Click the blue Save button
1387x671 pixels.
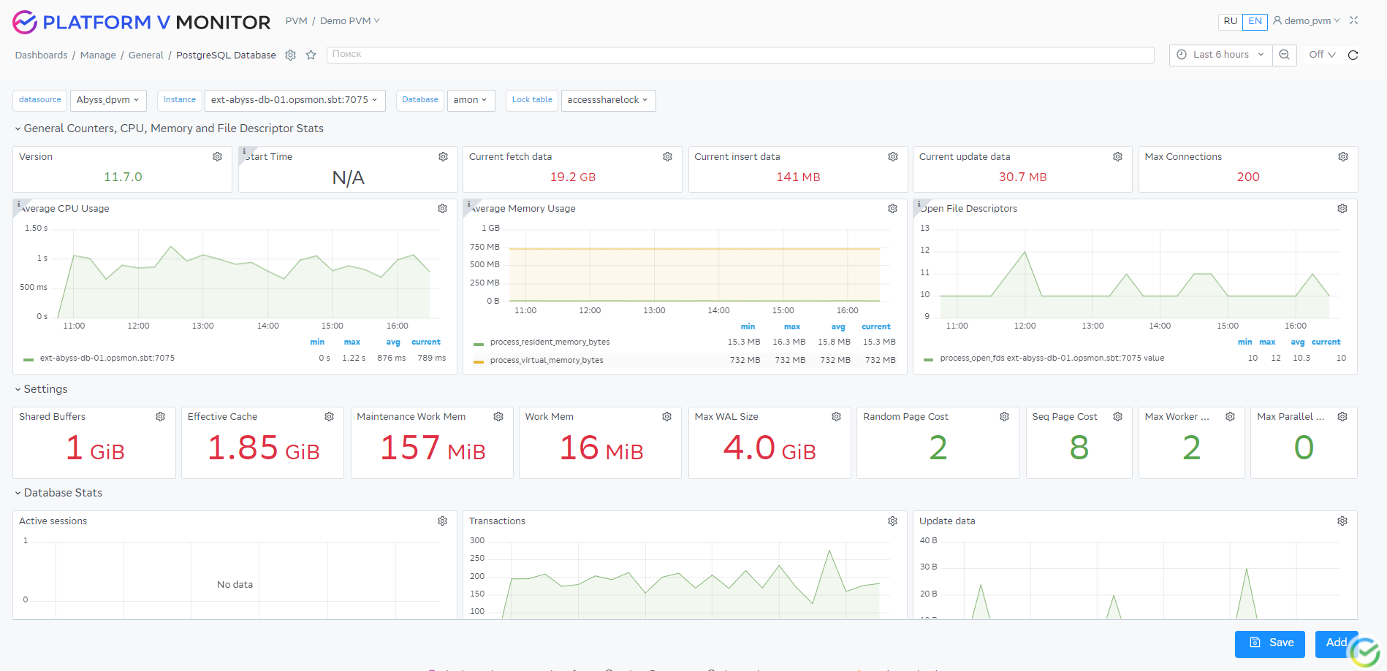click(1269, 643)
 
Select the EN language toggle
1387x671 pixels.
click(1255, 21)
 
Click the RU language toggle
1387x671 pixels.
click(1230, 21)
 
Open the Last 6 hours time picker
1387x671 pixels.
click(1220, 55)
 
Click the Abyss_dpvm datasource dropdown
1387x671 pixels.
click(108, 100)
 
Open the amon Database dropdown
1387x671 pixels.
click(470, 100)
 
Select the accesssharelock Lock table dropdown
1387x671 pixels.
click(607, 100)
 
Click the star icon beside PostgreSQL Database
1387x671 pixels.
click(311, 55)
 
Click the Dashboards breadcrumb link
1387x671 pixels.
click(41, 55)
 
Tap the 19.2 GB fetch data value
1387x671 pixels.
click(572, 177)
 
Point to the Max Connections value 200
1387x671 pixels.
click(1247, 177)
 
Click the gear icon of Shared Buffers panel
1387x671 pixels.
click(160, 417)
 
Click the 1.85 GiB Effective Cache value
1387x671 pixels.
click(263, 448)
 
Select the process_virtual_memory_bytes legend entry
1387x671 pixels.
click(546, 361)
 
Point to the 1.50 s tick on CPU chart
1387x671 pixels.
click(36, 229)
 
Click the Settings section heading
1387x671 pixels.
click(45, 389)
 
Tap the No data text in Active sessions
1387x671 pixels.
click(235, 585)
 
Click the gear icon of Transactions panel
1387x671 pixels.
click(892, 521)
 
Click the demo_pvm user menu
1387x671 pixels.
click(1307, 21)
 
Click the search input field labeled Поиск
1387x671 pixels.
click(740, 55)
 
